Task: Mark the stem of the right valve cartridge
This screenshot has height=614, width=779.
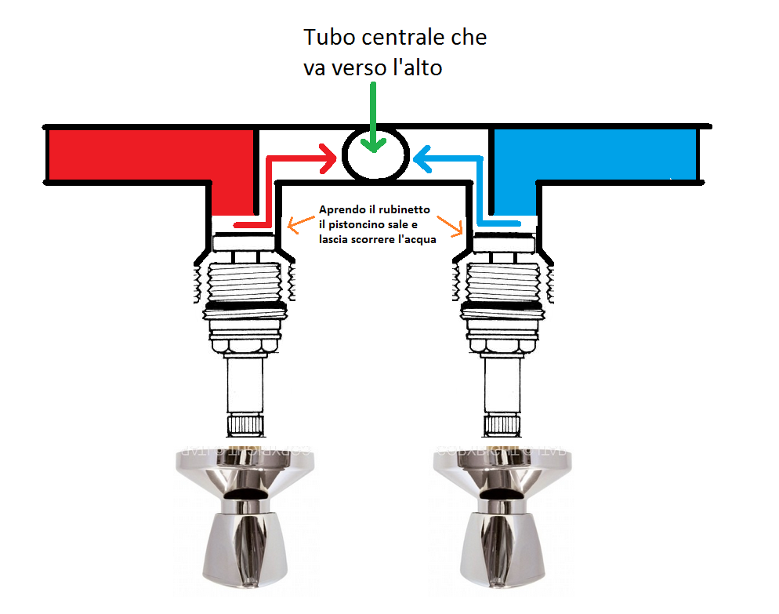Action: [x=502, y=384]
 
